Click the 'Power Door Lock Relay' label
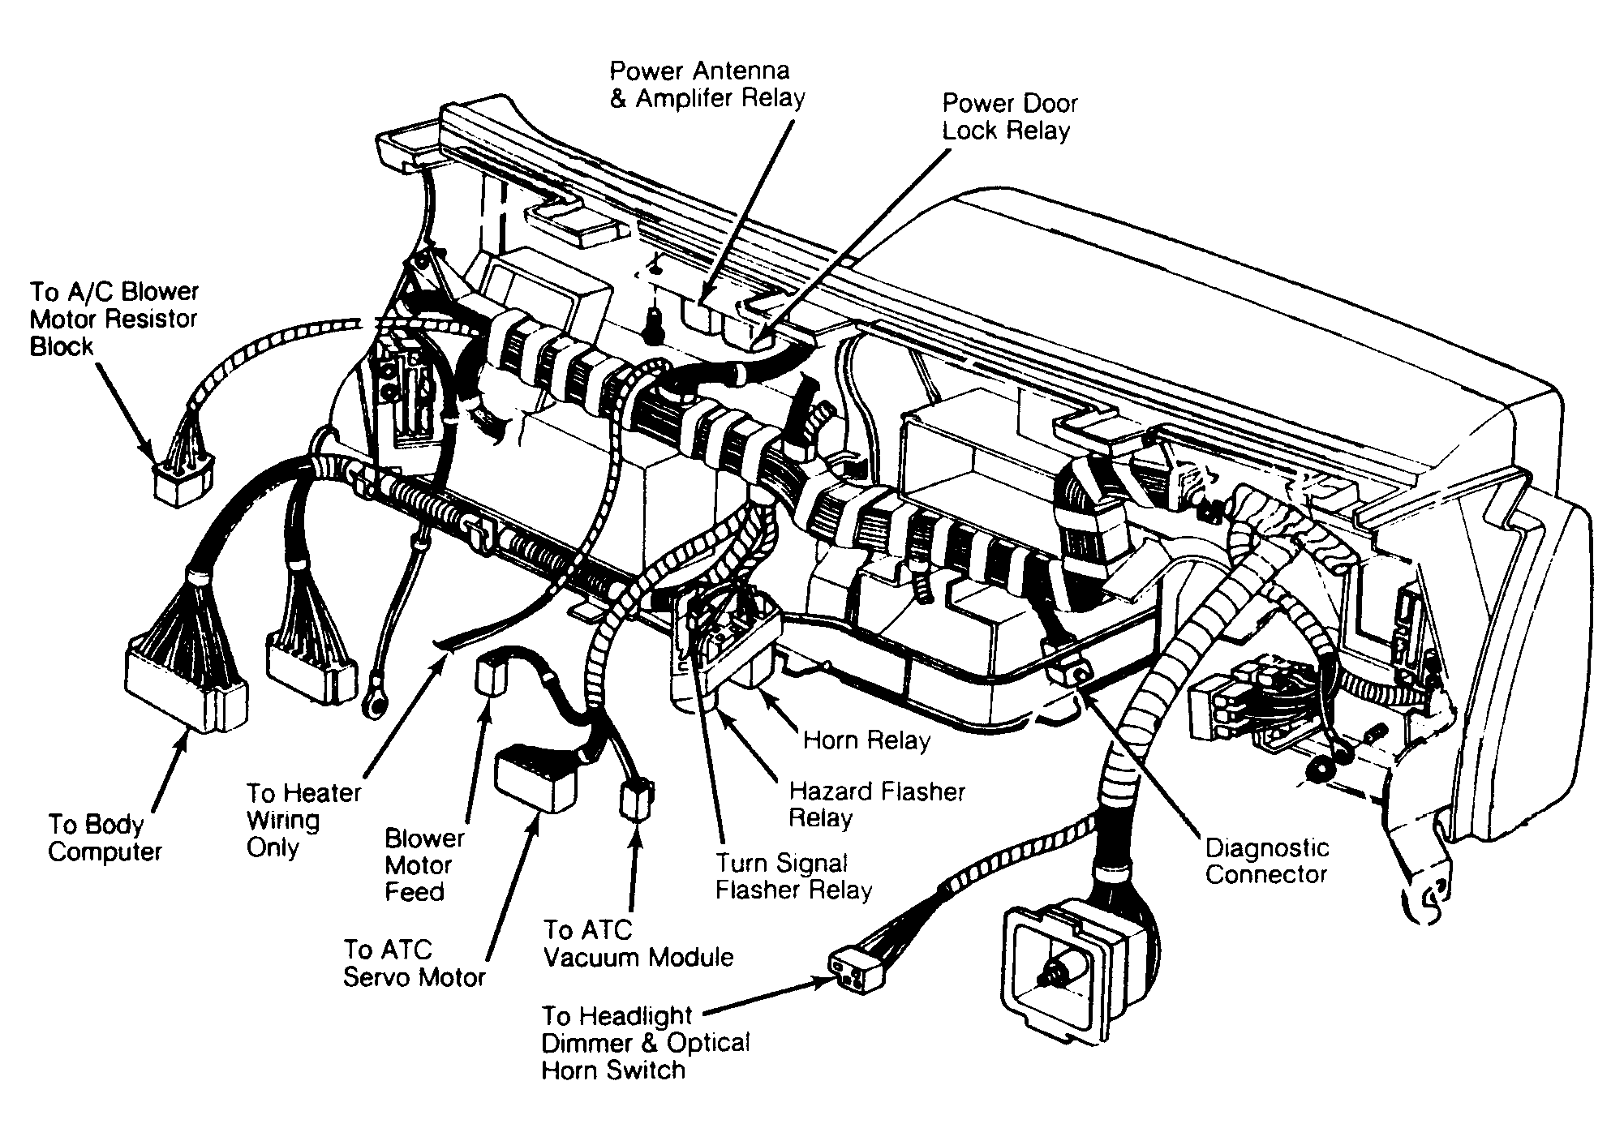pos(1009,117)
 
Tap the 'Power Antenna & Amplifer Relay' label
pos(707,84)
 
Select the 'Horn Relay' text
pos(866,740)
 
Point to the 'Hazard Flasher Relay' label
pos(877,804)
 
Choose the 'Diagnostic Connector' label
pos(1266,861)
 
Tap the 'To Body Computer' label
pos(105,838)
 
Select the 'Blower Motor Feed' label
pos(424,864)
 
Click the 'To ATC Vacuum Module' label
pos(638,943)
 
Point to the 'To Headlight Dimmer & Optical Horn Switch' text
pos(645,1042)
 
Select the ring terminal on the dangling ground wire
pos(374,700)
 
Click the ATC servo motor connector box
pos(535,778)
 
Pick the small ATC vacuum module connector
pos(636,800)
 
